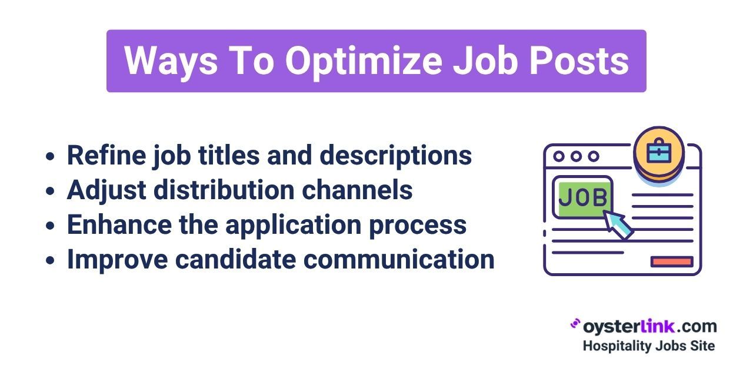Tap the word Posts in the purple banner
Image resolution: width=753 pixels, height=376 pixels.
[579, 61]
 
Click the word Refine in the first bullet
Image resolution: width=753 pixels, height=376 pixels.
[106, 155]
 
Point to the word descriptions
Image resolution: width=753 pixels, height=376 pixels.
[396, 156]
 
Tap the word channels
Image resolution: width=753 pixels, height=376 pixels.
[357, 190]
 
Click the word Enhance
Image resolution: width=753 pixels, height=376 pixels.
[119, 224]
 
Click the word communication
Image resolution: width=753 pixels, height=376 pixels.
[399, 259]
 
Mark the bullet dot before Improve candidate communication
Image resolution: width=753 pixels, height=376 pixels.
[50, 260]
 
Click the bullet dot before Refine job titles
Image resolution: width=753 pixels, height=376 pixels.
[50, 156]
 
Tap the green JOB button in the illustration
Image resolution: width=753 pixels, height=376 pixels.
[582, 197]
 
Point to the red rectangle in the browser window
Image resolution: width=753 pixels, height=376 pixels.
[672, 262]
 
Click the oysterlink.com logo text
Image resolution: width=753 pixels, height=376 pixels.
[650, 327]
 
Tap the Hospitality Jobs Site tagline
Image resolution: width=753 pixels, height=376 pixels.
[649, 347]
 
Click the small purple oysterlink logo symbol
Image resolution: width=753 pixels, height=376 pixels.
[575, 324]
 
